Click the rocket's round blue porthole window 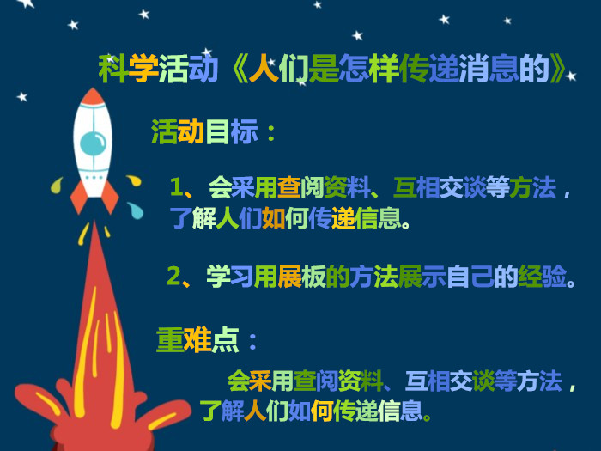click(x=93, y=143)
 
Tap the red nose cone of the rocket click(x=93, y=97)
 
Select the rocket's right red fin click(x=110, y=197)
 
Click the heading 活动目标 click(x=204, y=131)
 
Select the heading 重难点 click(x=197, y=340)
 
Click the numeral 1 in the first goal click(x=177, y=186)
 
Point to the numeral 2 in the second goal click(x=174, y=276)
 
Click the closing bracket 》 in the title click(x=557, y=69)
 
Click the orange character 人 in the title click(x=264, y=69)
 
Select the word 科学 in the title click(x=128, y=69)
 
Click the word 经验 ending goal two click(x=542, y=276)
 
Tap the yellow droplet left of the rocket click(x=57, y=186)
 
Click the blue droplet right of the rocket click(x=136, y=210)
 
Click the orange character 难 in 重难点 click(x=197, y=340)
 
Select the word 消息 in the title click(x=489, y=69)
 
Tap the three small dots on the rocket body click(x=94, y=178)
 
